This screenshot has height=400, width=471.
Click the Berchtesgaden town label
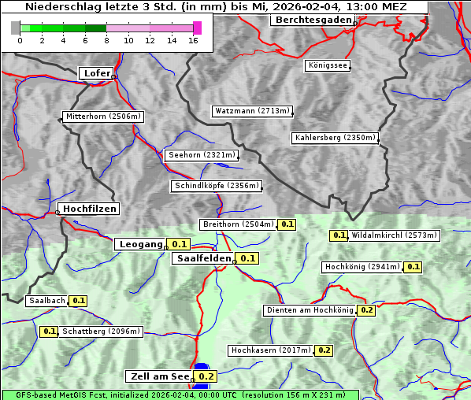[x=311, y=19]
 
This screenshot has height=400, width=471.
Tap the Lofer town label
[x=96, y=73]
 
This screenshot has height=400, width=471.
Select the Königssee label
[x=327, y=65]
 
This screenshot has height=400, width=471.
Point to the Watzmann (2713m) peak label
[x=252, y=111]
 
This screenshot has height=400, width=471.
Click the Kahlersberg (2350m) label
[x=335, y=138]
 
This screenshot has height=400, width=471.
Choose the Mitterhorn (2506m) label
[x=102, y=117]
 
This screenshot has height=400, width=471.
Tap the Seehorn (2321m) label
[x=201, y=155]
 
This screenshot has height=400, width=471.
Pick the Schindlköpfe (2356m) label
[x=215, y=186]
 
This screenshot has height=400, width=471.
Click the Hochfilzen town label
[x=89, y=209]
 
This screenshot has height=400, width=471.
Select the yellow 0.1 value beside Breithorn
[x=287, y=224]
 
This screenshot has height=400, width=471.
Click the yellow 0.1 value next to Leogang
[x=180, y=244]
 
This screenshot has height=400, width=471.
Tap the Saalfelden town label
[x=203, y=258]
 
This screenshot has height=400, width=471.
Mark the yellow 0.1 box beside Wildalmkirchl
[x=339, y=235]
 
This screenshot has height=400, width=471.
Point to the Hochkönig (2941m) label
[x=362, y=267]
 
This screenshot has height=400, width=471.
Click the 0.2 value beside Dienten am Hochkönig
[x=366, y=310]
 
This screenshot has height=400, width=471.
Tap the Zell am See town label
[x=158, y=376]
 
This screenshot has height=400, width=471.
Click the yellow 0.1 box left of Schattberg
[x=49, y=331]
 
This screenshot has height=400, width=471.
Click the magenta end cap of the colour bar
[x=197, y=28]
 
